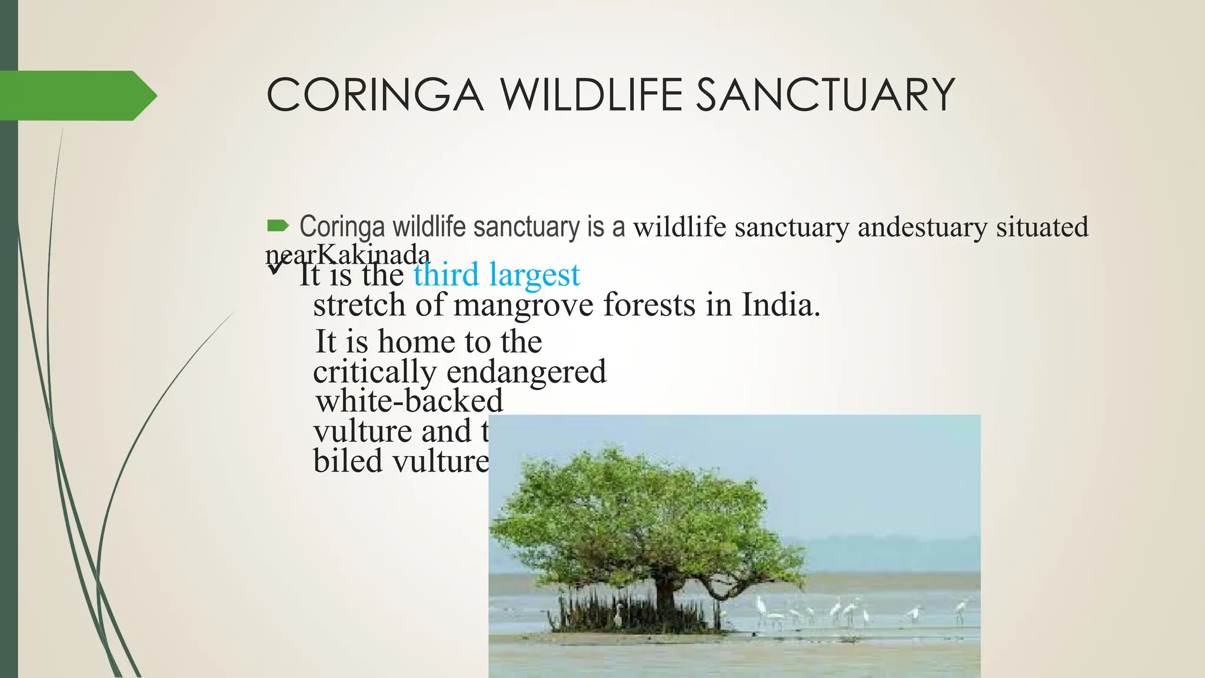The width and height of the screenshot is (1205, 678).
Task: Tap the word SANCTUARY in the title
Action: tap(825, 95)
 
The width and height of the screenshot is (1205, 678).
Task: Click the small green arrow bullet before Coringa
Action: tap(278, 225)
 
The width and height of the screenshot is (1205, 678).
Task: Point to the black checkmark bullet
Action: tap(275, 268)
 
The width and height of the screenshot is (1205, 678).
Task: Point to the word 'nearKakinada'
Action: tap(347, 254)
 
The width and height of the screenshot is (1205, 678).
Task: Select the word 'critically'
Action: tap(374, 372)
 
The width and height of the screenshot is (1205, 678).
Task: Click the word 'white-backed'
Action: tap(409, 401)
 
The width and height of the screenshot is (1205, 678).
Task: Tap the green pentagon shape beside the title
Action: tap(76, 95)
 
